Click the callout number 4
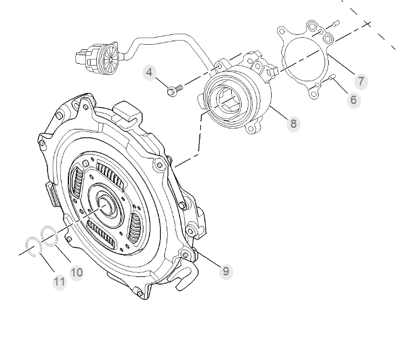(x=150, y=73)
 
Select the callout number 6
(x=354, y=99)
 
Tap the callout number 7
(x=361, y=81)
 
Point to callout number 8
(x=293, y=123)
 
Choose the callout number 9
(x=226, y=271)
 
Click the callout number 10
(x=77, y=272)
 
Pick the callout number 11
(x=59, y=282)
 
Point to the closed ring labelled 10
(x=49, y=237)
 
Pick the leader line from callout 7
(x=343, y=66)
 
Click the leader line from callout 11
(x=46, y=264)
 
